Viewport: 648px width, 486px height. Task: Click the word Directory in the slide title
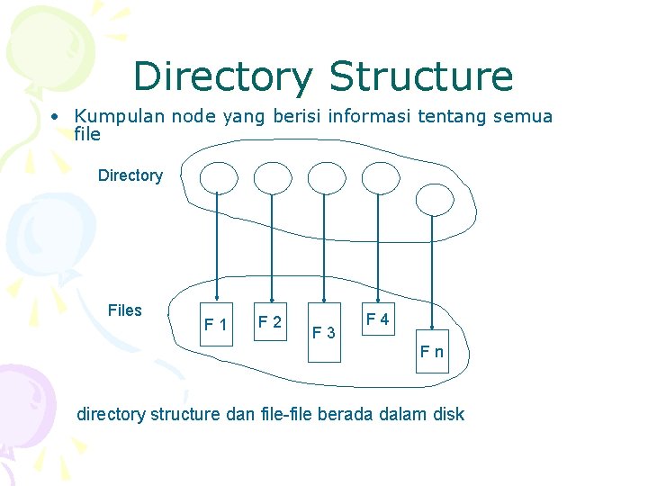tap(224, 77)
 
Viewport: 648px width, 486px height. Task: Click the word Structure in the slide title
tap(421, 77)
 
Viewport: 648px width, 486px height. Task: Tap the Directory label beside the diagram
tap(130, 175)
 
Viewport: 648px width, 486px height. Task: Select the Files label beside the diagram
tap(124, 310)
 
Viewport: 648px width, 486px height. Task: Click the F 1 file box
tap(216, 323)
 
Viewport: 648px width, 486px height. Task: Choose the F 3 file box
tap(324, 333)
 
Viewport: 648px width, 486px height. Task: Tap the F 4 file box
tap(377, 319)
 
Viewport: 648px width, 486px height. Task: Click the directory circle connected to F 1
tap(217, 177)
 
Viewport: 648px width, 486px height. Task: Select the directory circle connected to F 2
tap(271, 177)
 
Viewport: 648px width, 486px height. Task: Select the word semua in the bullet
tap(521, 116)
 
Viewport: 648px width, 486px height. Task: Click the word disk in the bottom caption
tap(448, 414)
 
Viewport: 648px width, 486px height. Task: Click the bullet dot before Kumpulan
tap(56, 117)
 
